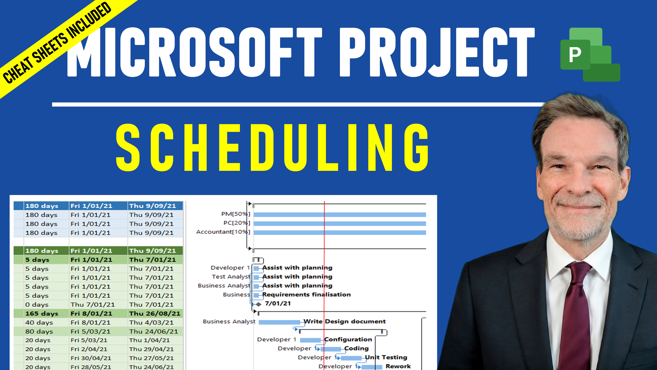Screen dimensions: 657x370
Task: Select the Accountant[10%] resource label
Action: (223, 232)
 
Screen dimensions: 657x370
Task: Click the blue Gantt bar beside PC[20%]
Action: (340, 223)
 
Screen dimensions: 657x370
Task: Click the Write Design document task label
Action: (345, 321)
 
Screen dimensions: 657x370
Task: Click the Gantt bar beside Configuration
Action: (310, 340)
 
